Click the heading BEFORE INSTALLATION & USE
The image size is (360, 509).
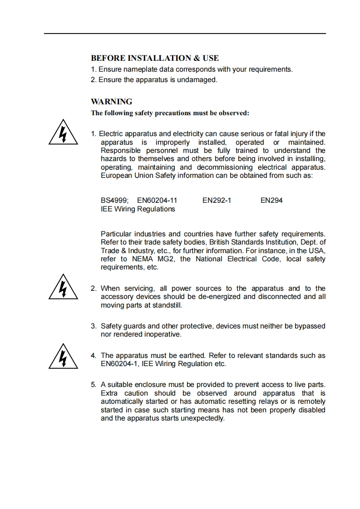pyautogui.click(x=155, y=58)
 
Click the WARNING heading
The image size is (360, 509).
pyautogui.click(x=112, y=102)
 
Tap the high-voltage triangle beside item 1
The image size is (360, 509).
pyautogui.click(x=63, y=132)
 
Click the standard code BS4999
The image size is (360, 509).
pyautogui.click(x=114, y=201)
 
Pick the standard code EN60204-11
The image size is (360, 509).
pyautogui.click(x=157, y=201)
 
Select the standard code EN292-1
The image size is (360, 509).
pyautogui.click(x=217, y=201)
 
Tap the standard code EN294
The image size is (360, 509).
pyautogui.click(x=271, y=201)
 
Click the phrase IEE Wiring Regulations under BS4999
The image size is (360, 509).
pyautogui.click(x=138, y=209)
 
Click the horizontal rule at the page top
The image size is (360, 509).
pyautogui.click(x=185, y=34)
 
